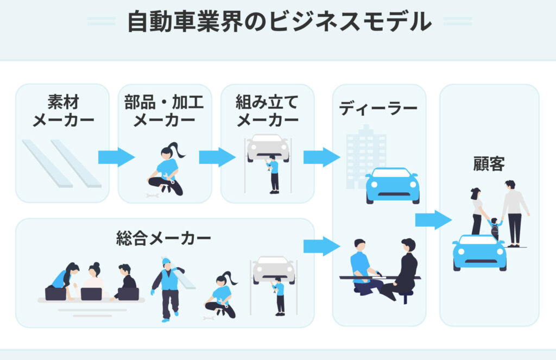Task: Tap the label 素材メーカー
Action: point(63,111)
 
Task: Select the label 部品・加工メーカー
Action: point(165,111)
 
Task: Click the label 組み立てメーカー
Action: point(267,111)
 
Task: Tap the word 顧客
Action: point(489,165)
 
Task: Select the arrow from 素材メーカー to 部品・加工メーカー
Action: point(116,157)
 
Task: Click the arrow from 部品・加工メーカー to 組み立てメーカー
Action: point(217,157)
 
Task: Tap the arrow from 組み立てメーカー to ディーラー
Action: point(321,157)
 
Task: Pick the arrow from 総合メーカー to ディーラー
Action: point(321,246)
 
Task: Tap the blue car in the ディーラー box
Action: point(392,185)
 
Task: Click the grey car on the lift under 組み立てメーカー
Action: point(268,147)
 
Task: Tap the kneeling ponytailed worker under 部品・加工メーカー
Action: point(167,169)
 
